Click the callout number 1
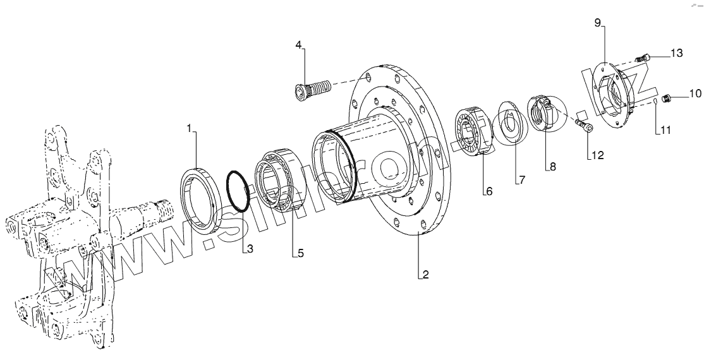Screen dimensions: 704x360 point(189,128)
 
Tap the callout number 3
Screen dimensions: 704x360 point(250,249)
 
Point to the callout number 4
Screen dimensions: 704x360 point(299,44)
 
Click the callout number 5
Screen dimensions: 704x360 point(300,253)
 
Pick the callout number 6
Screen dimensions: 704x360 point(489,190)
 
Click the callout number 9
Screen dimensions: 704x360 point(597,23)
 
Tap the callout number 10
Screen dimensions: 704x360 point(695,93)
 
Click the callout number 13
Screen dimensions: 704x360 point(677,54)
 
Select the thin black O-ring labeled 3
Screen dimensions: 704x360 point(238,190)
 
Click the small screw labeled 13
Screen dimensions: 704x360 point(642,58)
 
